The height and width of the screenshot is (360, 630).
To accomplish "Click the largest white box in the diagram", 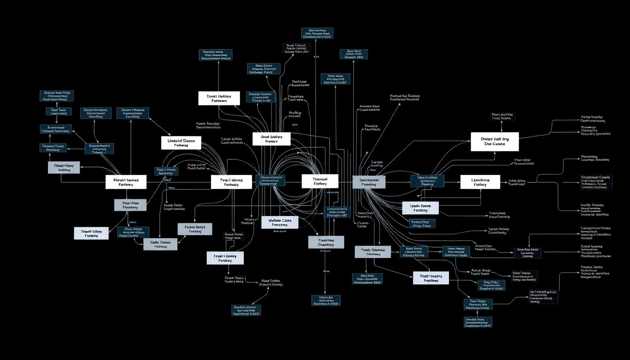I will point(495,142).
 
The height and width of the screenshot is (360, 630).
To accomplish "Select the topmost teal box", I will point(317,33).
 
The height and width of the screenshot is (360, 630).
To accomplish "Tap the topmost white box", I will point(219,98).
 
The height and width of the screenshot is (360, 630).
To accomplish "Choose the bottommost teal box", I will point(479,322).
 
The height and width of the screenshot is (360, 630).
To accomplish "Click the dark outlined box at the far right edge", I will point(596,182).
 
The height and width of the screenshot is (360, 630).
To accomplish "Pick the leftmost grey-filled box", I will point(64,168).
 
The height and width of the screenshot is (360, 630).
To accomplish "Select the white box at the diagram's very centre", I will point(320,181).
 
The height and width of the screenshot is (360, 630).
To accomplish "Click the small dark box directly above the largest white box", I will point(502,116).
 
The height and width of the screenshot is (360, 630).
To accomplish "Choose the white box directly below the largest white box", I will point(480,182).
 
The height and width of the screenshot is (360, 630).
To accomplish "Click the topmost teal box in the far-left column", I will point(56,96).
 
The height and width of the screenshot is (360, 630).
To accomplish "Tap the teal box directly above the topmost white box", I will point(215,54).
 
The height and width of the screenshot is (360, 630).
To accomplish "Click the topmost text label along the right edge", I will point(592,119).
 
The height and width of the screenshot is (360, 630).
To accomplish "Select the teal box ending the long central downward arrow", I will point(326,300).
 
